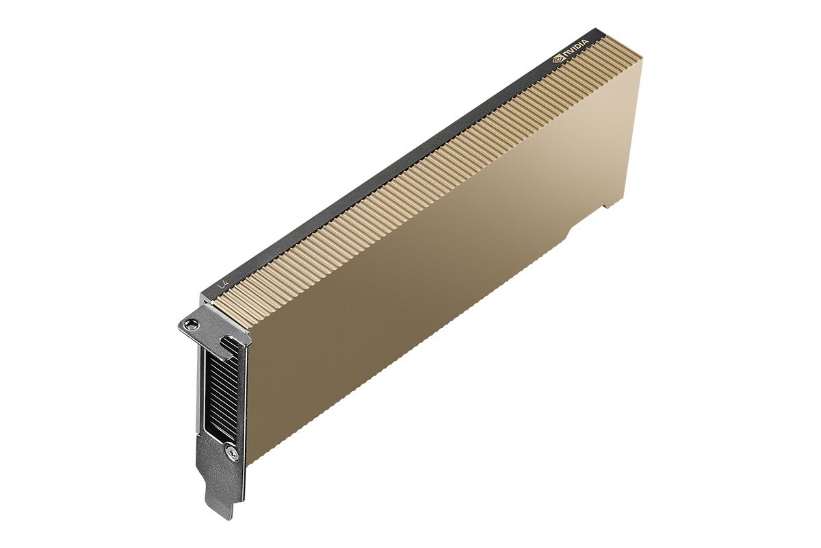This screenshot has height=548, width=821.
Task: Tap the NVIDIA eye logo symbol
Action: coord(558,60)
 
